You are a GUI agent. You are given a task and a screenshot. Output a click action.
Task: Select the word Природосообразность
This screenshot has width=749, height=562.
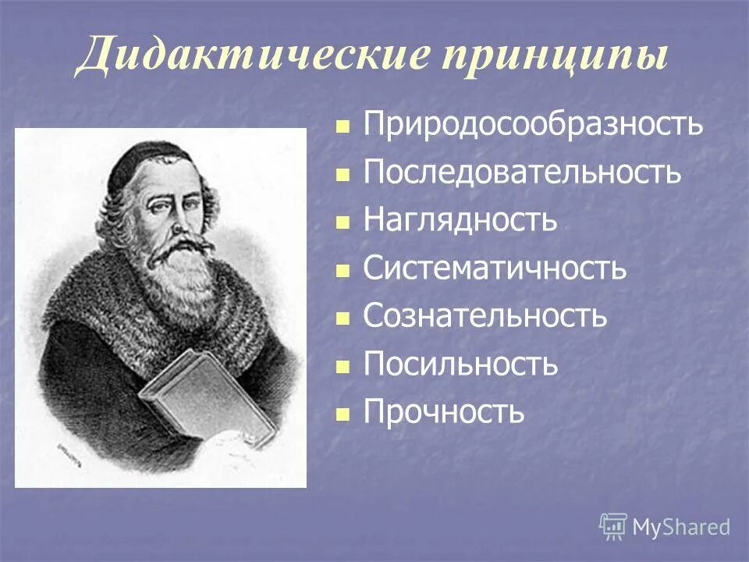534,125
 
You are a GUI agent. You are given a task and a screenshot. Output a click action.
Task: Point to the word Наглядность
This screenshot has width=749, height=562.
460,220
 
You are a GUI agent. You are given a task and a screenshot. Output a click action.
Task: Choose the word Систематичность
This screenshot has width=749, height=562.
495,269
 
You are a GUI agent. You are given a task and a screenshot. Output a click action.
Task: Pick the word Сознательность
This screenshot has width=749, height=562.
485,316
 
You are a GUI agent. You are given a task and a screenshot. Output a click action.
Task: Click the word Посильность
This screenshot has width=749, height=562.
460,365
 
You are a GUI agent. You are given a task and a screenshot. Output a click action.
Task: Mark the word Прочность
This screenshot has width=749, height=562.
444,412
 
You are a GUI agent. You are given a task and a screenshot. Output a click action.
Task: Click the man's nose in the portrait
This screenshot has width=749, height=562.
178,222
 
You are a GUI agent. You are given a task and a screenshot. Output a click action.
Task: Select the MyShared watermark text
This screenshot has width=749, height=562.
681,528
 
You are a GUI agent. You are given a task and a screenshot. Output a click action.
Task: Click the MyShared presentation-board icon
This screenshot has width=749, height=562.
613,527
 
